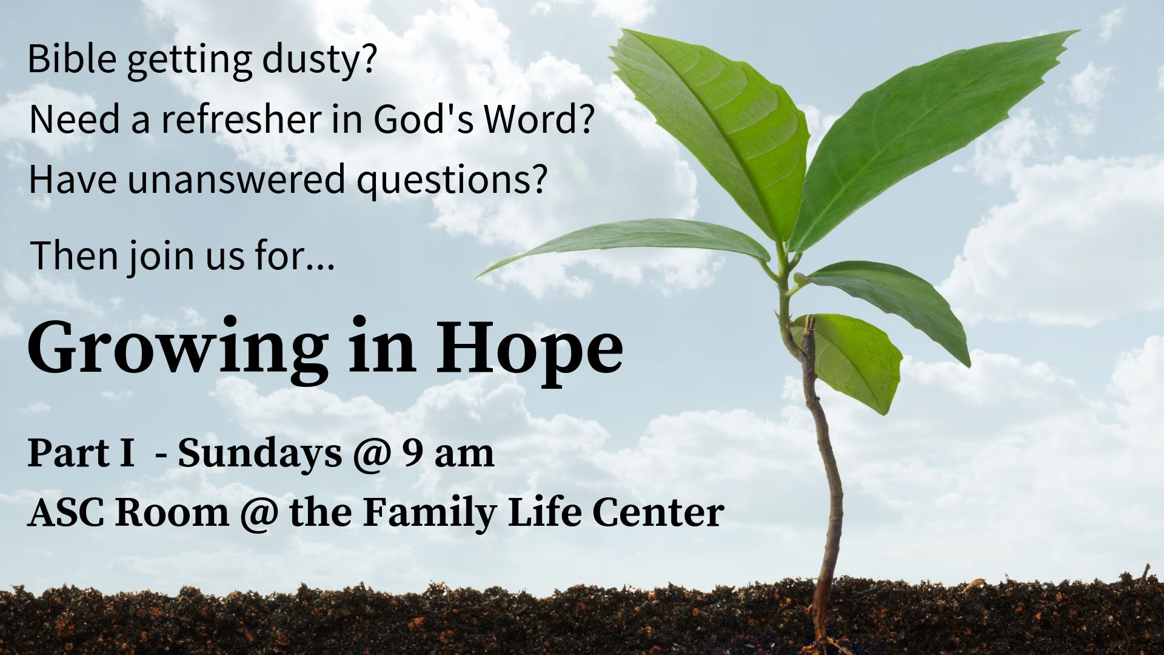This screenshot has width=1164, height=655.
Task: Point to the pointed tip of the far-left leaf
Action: coord(476,277)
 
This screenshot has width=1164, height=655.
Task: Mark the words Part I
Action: coord(81,453)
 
